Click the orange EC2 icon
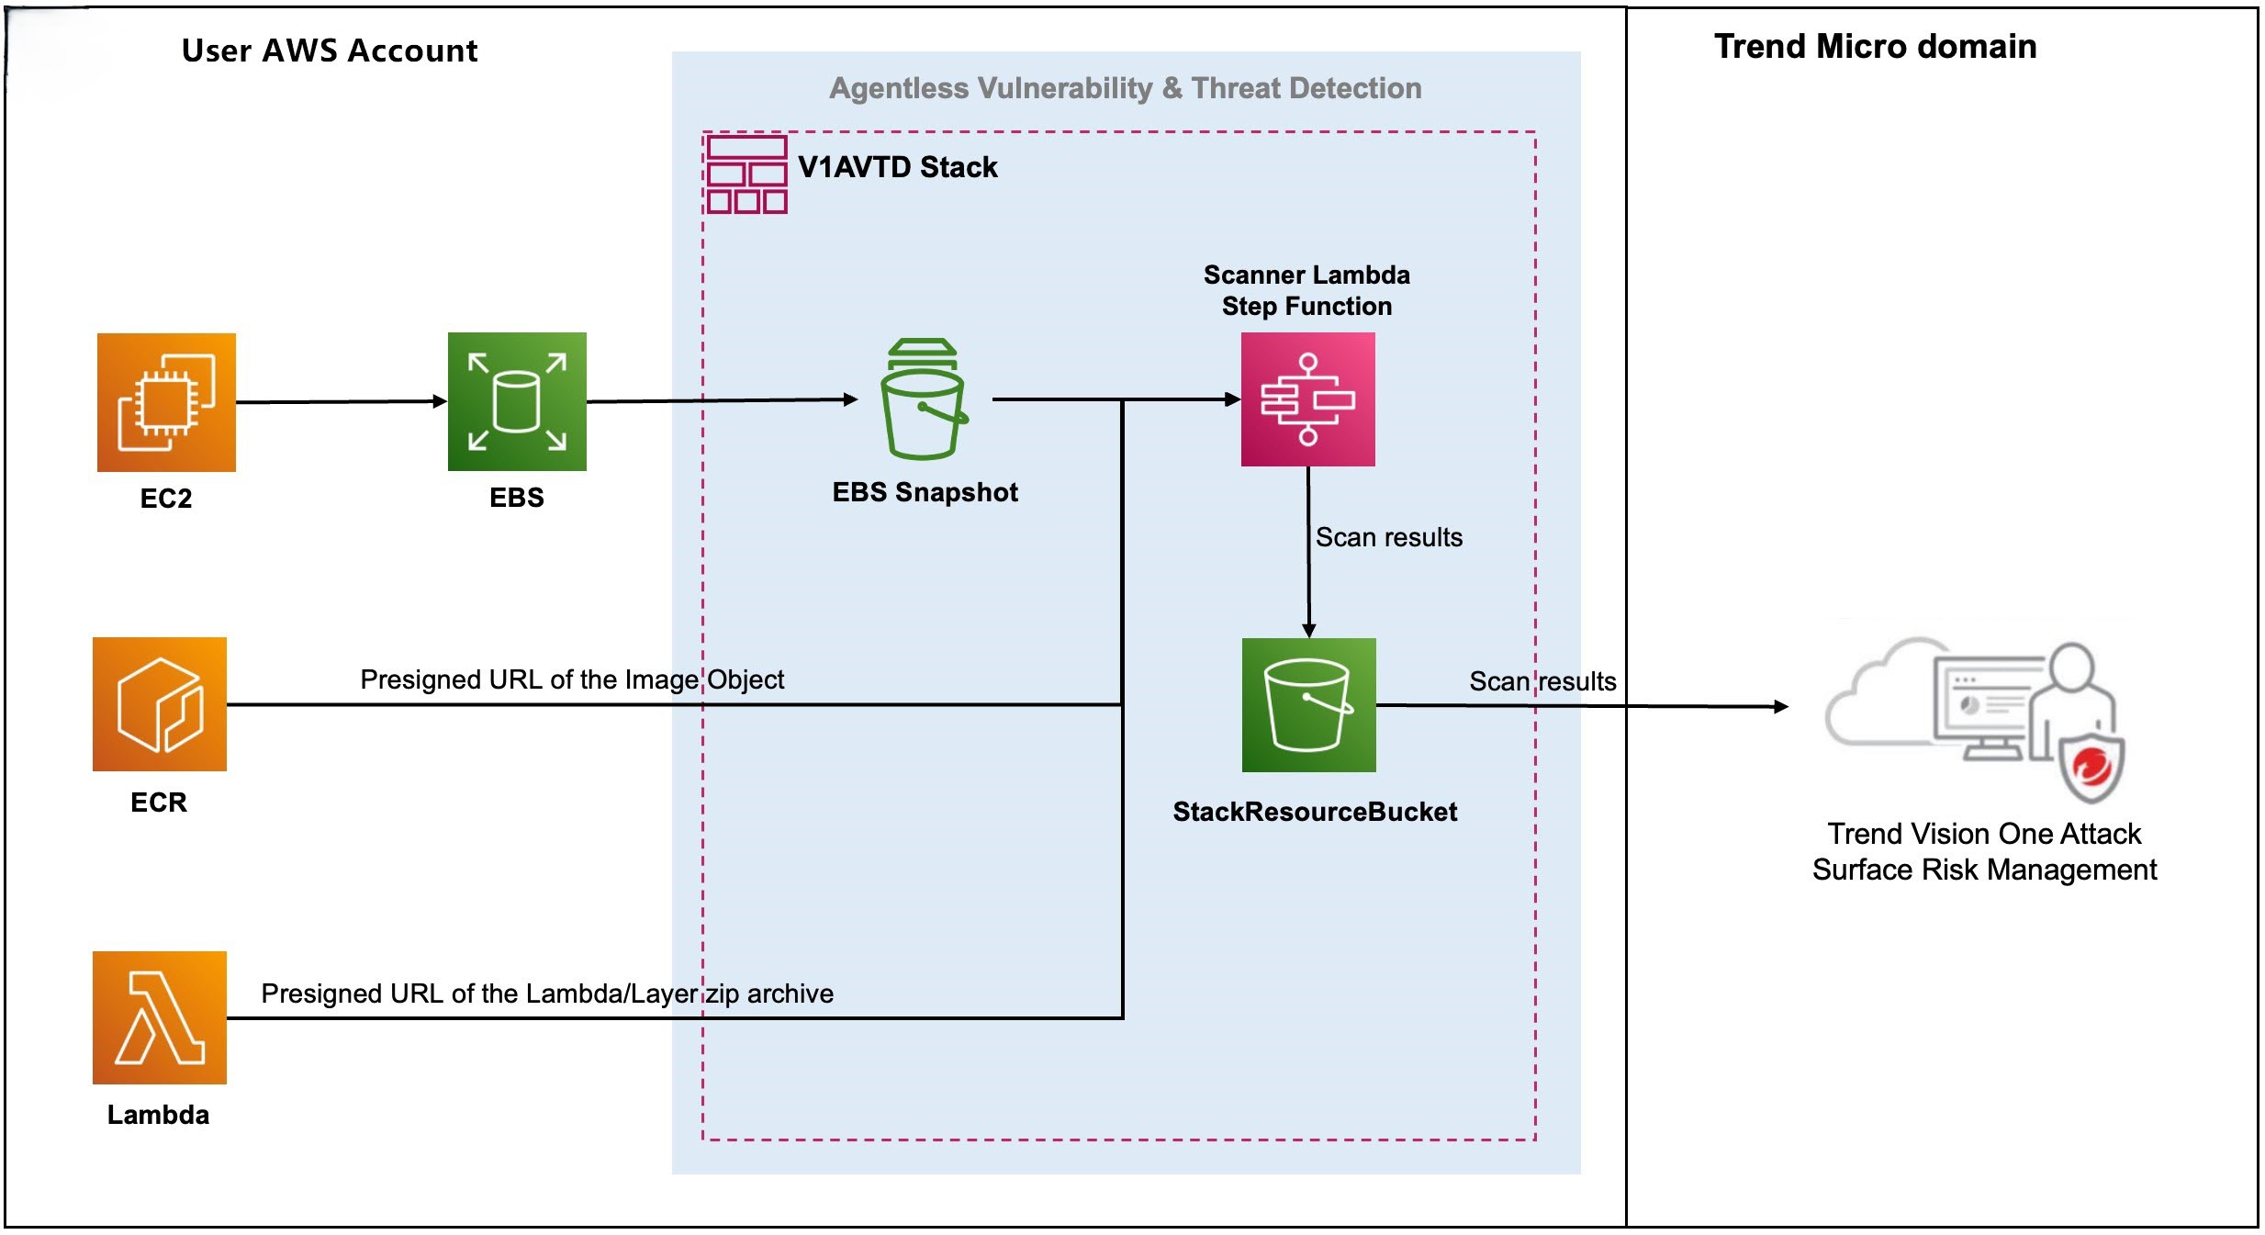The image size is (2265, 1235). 166,402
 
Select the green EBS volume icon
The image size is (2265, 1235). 517,401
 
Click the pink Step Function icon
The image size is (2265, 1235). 1307,399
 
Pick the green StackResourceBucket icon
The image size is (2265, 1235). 1308,704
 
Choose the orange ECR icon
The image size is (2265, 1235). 159,704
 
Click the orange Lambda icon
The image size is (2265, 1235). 159,1017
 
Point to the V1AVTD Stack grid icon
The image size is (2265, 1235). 746,174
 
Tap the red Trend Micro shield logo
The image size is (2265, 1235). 2091,767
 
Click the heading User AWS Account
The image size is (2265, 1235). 329,51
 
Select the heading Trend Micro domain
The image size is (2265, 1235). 1875,47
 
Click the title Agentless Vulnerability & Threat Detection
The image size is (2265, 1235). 1125,88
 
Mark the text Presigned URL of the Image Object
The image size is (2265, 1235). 571,679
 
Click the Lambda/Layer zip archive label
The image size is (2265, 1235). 547,994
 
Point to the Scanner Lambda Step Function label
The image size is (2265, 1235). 1306,290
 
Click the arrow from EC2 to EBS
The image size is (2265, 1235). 340,401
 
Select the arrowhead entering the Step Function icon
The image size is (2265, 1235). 1233,399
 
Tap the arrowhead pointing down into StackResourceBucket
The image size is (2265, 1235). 1309,630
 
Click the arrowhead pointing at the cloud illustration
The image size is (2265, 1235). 1781,706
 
